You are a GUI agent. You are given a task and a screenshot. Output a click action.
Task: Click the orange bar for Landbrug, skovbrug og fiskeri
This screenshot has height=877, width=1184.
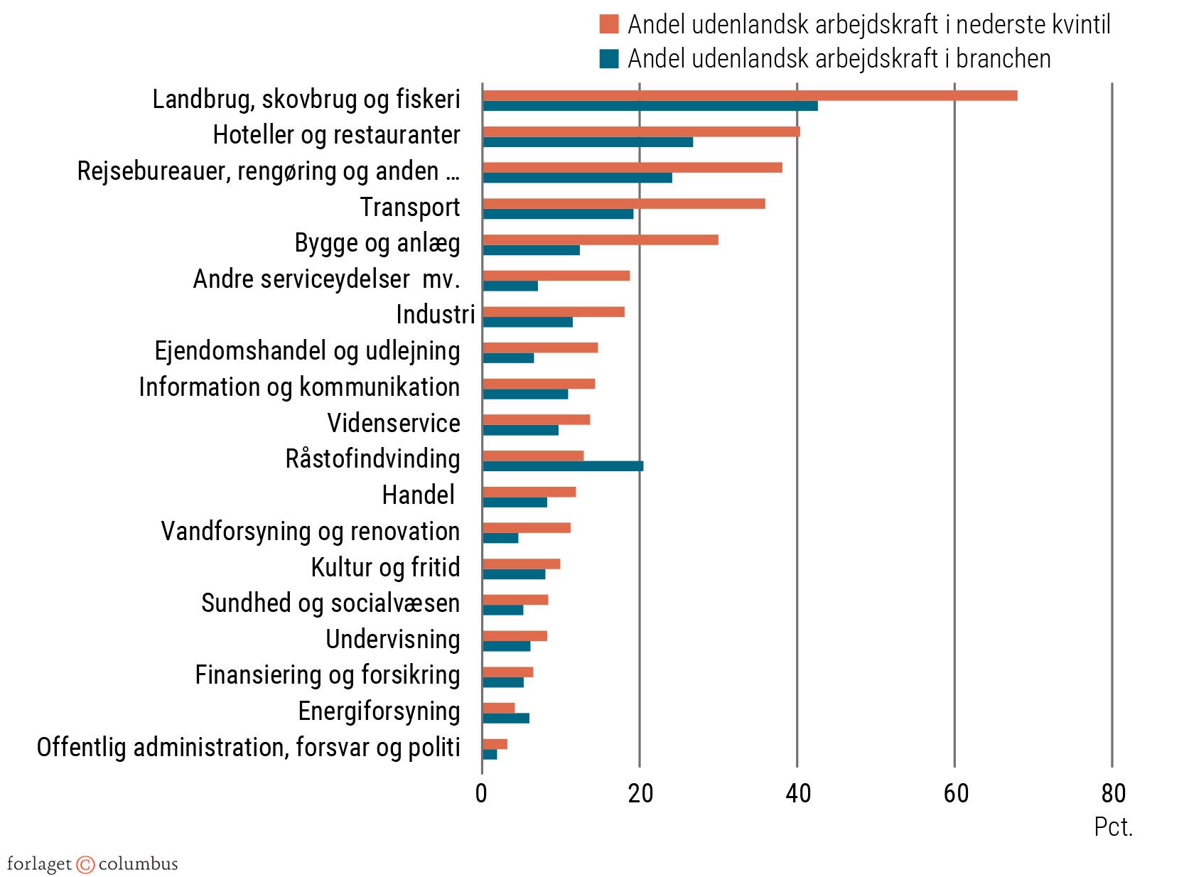point(750,95)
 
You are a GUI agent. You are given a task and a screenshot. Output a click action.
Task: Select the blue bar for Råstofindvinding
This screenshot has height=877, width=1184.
point(563,466)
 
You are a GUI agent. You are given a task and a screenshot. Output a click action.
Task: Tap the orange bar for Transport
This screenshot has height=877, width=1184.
point(624,203)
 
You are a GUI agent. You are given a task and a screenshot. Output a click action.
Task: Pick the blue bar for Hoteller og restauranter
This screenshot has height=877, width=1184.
point(588,142)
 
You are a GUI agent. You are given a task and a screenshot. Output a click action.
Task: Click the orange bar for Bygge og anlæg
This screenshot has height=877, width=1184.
point(601,240)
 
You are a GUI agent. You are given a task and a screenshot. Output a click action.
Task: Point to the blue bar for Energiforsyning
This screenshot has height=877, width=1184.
point(506,718)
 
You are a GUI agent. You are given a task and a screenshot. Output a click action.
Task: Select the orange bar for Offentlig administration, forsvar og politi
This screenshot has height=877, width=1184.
point(495,743)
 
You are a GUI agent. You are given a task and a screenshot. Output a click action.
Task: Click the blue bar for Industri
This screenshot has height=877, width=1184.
point(527,322)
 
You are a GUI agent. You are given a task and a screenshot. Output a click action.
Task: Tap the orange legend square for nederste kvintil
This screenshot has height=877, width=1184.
point(609,24)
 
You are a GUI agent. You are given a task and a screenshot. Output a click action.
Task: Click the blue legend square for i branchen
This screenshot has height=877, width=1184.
point(609,58)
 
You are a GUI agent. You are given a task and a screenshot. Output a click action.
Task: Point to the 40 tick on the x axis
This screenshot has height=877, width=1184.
point(798,792)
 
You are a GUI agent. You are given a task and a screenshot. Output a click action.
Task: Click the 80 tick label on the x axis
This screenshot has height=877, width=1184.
point(1113,792)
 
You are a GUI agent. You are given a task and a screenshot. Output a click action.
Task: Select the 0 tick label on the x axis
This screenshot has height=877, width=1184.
point(482,792)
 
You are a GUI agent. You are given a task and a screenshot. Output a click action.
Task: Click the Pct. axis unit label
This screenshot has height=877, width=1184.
point(1113,827)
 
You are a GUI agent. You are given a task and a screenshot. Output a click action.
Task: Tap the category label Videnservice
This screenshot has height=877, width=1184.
point(394,423)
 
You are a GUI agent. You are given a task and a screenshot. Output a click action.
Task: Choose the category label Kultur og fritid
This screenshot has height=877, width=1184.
point(385,567)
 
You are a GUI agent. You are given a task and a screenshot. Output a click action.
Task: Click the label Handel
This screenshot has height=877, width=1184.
point(418,495)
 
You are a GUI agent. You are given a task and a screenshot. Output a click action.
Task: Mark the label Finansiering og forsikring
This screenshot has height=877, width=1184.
point(328,674)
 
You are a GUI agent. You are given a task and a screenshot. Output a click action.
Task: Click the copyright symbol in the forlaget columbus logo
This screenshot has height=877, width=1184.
point(85,864)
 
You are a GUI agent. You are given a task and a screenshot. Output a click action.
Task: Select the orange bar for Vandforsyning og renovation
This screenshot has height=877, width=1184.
point(527,527)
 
